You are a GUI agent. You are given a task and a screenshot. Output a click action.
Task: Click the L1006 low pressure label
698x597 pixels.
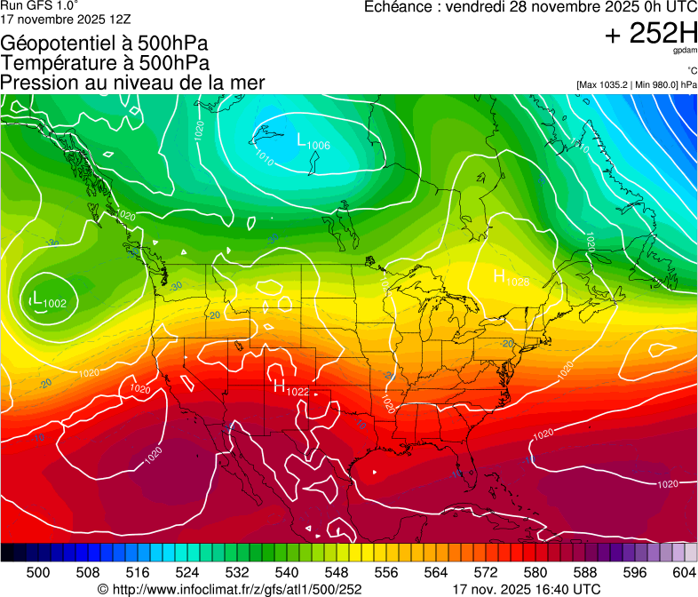point(313,142)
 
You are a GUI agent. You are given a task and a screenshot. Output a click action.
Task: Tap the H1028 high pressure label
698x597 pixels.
point(511,277)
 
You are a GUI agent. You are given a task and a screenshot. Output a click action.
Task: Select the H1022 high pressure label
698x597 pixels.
point(290,387)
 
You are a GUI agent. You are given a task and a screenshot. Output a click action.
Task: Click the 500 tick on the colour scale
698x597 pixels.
point(38,572)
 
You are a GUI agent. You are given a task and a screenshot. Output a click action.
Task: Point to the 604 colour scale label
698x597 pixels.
point(685,572)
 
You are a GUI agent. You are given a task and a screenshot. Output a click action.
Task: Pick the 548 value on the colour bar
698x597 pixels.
point(337,572)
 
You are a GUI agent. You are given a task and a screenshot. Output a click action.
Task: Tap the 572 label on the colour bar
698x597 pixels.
point(486,572)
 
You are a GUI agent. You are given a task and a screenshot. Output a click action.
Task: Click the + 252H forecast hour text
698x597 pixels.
point(650,34)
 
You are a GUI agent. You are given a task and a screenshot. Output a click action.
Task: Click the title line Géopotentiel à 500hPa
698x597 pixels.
point(105,43)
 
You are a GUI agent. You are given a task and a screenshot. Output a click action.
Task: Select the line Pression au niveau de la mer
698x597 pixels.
point(132,83)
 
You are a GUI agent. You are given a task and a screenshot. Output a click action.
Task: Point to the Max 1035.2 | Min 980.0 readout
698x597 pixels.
point(636,84)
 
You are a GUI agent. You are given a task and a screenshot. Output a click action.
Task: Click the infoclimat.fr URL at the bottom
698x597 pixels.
point(229,589)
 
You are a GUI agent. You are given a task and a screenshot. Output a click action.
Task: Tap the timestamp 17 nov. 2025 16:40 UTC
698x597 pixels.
point(526,589)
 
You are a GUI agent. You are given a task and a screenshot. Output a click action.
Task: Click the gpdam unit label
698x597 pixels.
point(686,51)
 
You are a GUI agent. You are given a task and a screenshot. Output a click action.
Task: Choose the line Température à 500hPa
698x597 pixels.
point(105,62)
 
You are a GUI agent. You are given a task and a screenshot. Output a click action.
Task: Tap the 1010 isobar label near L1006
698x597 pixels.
point(265,158)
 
